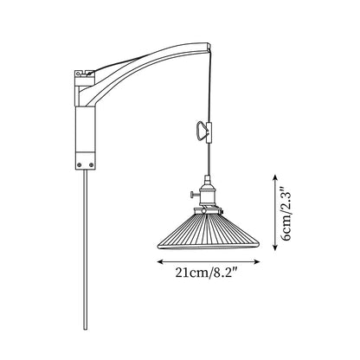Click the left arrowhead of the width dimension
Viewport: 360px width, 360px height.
click(159, 261)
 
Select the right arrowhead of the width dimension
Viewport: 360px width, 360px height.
click(257, 261)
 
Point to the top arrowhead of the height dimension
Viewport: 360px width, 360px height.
click(275, 177)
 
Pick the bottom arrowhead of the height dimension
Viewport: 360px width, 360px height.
click(275, 247)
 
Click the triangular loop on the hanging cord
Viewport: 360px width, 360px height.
click(201, 132)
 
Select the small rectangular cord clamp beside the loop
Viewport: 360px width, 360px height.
click(209, 132)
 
